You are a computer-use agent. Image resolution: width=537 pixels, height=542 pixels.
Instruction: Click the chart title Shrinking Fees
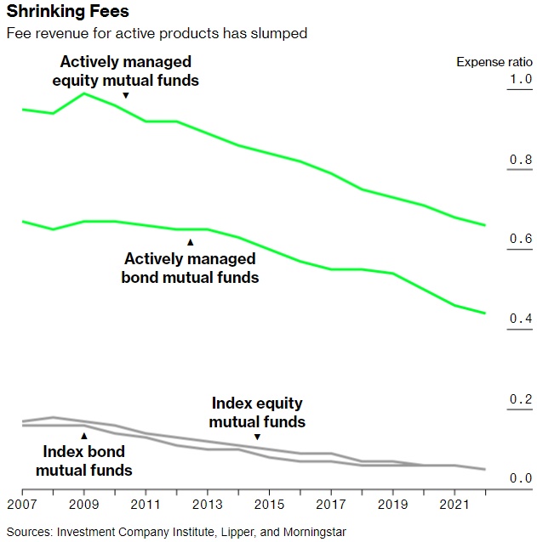click(68, 13)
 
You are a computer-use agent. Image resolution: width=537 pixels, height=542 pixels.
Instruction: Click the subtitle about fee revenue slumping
click(157, 33)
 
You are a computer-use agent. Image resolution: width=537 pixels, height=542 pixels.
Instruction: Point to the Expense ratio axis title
click(494, 62)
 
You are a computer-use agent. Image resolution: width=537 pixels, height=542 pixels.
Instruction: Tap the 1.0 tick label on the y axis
click(520, 80)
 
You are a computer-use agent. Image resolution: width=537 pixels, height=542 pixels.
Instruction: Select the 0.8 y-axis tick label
click(520, 161)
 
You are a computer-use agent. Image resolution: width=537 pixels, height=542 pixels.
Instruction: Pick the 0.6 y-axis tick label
click(520, 240)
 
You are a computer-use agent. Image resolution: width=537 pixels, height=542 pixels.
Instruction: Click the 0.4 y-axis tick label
click(520, 319)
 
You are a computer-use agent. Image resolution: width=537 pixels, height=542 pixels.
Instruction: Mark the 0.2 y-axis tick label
click(520, 399)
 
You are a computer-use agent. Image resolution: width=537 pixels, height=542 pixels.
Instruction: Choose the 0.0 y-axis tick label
click(520, 479)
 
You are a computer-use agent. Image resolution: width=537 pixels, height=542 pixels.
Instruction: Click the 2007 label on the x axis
click(22, 505)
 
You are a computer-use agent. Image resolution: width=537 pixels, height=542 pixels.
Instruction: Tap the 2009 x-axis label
click(83, 505)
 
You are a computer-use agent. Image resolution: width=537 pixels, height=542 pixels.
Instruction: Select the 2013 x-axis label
click(207, 505)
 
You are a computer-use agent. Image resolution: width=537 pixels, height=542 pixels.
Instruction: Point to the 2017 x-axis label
click(331, 505)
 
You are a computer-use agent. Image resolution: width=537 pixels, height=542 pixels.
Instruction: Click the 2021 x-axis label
click(454, 505)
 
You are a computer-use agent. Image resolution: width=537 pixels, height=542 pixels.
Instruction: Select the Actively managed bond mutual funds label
click(190, 268)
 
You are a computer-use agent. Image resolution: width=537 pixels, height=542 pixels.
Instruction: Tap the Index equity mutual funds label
click(257, 413)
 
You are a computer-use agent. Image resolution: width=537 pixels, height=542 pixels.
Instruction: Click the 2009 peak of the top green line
click(83, 93)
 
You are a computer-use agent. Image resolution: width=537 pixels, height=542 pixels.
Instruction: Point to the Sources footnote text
click(175, 532)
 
